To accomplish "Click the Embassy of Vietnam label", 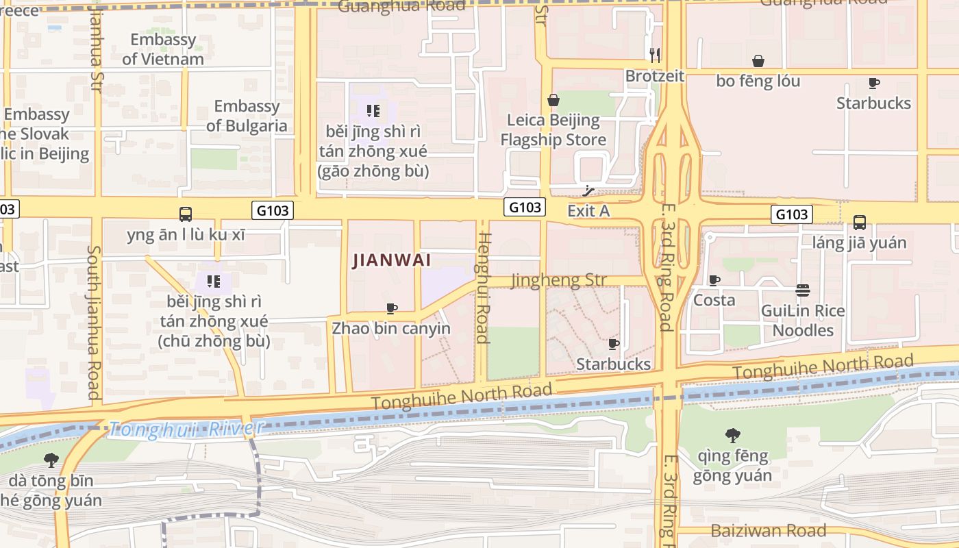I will pos(163,49).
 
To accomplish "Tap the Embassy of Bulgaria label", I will pos(247,116).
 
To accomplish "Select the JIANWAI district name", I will pos(391,260).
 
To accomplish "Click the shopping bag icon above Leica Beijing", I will pos(553,101).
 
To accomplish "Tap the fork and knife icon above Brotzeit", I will pos(655,55).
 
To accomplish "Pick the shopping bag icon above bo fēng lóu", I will pos(758,62).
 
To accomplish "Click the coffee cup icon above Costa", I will pos(714,281).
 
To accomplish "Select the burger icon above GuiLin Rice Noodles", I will pos(802,290).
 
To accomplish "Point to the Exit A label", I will pos(588,211).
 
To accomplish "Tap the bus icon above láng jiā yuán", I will pos(859,223).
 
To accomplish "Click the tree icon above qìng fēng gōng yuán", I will pos(732,435).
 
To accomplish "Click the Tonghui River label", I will pos(186,429).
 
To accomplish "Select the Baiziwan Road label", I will pos(768,530).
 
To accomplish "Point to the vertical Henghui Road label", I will pos(483,288).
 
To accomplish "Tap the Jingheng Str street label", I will pos(558,280).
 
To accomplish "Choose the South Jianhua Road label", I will pos(94,322).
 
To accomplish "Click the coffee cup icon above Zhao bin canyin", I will pos(391,309).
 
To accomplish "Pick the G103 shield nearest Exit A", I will pos(525,207).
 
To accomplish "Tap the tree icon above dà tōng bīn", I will pos(51,460).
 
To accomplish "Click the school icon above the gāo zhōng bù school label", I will pos(373,111).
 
